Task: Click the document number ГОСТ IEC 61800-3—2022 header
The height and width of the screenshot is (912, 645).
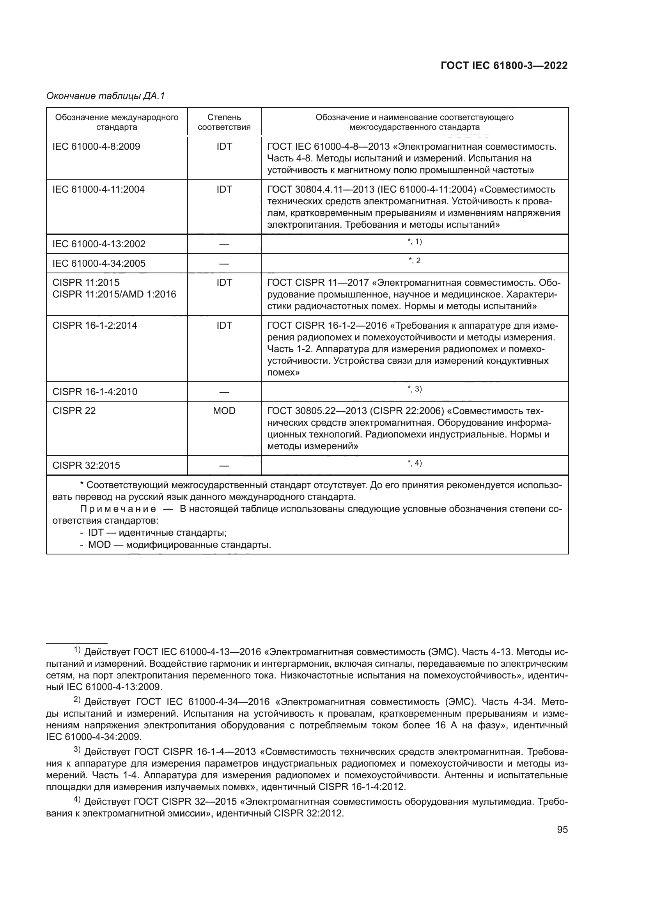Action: click(503, 66)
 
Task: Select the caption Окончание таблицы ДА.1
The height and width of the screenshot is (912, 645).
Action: click(106, 96)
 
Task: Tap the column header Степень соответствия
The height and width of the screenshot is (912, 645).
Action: click(224, 122)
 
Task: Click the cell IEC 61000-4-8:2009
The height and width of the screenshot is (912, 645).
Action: click(96, 147)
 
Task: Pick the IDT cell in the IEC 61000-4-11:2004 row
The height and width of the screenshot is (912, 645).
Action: click(224, 189)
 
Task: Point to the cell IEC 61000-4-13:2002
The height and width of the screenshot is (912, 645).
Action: click(99, 244)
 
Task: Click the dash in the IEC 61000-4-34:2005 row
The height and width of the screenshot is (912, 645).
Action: click(224, 264)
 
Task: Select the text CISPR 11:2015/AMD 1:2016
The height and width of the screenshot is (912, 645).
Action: click(114, 294)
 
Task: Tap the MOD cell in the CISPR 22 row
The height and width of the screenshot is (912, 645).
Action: click(224, 411)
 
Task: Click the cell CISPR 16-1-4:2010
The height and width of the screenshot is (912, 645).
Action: click(95, 391)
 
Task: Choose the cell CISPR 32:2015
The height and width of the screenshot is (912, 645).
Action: click(86, 465)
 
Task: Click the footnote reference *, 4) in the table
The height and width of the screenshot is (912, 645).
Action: click(415, 463)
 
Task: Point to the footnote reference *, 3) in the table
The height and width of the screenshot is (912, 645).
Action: click(415, 389)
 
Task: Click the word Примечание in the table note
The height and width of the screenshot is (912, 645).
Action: click(118, 509)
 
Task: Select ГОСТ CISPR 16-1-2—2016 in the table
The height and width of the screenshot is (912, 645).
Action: click(327, 326)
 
